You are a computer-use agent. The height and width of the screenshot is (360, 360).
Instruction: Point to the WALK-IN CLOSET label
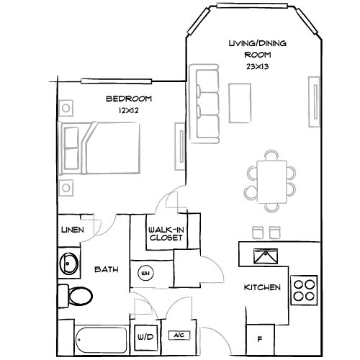pyautogui.click(x=165, y=233)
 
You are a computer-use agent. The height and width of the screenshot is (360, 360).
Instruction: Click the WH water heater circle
pyautogui.click(x=145, y=273)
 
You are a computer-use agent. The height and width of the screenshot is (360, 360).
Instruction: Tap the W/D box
pyautogui.click(x=145, y=336)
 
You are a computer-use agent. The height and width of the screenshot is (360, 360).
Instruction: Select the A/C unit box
pyautogui.click(x=177, y=336)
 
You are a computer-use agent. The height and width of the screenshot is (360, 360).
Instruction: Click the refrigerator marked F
pyautogui.click(x=260, y=337)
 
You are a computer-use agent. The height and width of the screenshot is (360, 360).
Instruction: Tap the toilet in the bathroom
pyautogui.click(x=75, y=295)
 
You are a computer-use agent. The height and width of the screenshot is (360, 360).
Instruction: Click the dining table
pyautogui.click(x=270, y=174)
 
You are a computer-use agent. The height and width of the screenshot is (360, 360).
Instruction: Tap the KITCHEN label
pyautogui.click(x=262, y=287)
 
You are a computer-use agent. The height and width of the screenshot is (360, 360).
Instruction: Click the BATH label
pyautogui.click(x=106, y=271)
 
